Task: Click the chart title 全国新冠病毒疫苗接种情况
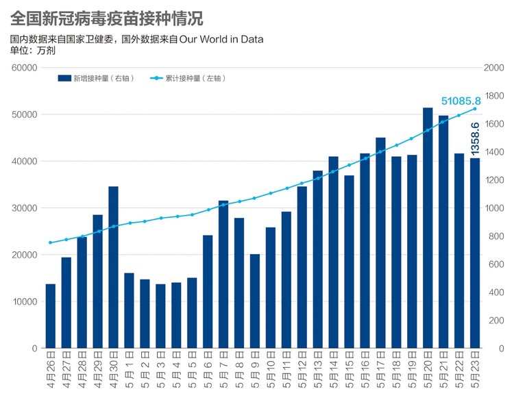(106, 18)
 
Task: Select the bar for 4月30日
(113, 267)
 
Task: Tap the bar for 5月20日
(428, 227)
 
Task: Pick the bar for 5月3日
(160, 316)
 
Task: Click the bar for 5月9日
(255, 301)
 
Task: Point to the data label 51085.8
(461, 101)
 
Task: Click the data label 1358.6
(475, 138)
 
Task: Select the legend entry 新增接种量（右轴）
(96, 78)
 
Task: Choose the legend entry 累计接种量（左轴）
(188, 78)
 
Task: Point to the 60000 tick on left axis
(25, 68)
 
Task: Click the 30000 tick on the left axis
(25, 208)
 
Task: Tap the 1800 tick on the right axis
(493, 96)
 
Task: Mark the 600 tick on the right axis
(496, 264)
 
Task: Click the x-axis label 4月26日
(51, 369)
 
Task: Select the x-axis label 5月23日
(475, 369)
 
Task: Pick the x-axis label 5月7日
(223, 369)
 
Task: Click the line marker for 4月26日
(51, 242)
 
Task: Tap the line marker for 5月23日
(475, 109)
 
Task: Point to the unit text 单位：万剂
(32, 51)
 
